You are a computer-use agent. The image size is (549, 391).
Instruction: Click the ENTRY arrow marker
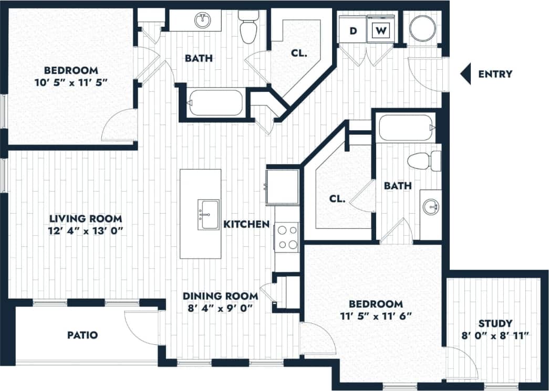click(x=465, y=74)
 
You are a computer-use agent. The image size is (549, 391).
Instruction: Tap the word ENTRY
click(x=495, y=74)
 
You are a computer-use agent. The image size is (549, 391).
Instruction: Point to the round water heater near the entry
click(x=423, y=29)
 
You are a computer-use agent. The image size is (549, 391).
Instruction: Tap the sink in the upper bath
click(x=203, y=22)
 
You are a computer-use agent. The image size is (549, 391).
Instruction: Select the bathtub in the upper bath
click(x=216, y=103)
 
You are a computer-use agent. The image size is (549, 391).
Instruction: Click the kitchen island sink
click(x=208, y=215)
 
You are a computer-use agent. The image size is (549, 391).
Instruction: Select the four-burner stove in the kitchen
click(x=287, y=237)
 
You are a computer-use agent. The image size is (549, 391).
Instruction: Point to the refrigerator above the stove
click(x=283, y=186)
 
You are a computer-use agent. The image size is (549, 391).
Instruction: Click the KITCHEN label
click(x=246, y=224)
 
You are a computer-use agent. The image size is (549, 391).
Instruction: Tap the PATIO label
click(x=82, y=334)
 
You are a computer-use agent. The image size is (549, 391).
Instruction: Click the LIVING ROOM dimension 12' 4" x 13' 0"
click(x=86, y=230)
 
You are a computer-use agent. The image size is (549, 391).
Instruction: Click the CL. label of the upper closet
click(x=299, y=53)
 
